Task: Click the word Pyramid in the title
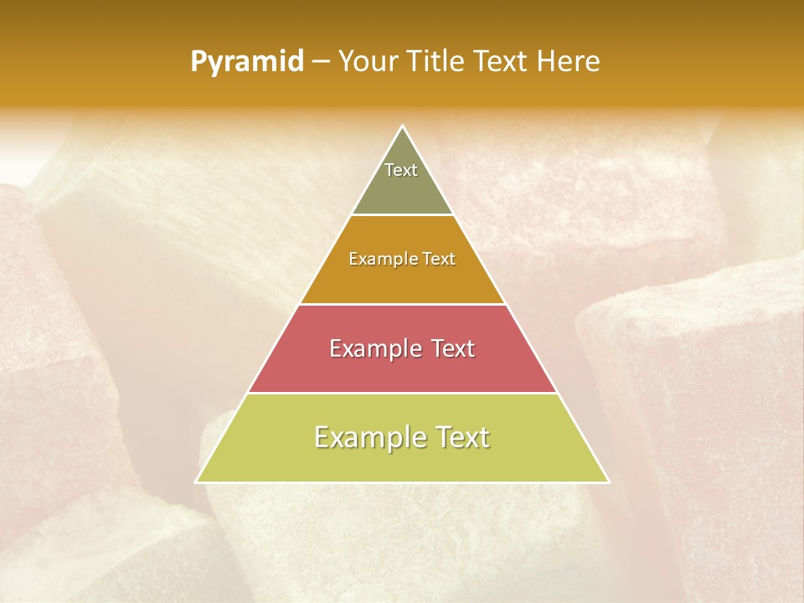click(x=247, y=62)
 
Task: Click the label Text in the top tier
click(x=401, y=170)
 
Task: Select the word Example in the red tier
click(x=374, y=348)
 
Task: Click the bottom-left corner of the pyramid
click(x=197, y=482)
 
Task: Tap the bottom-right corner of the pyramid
click(x=608, y=482)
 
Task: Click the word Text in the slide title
click(x=503, y=62)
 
